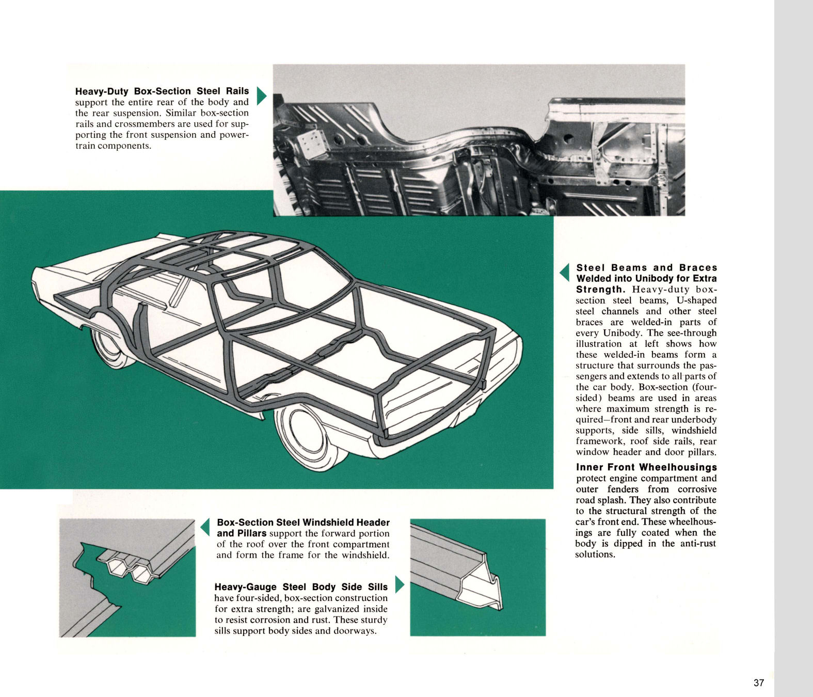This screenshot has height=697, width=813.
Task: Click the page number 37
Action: click(x=758, y=683)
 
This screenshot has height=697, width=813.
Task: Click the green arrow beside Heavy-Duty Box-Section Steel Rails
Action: click(x=261, y=96)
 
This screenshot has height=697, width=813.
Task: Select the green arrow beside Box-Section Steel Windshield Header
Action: click(x=205, y=527)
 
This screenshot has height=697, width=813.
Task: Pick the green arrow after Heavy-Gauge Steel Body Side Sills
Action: click(x=398, y=585)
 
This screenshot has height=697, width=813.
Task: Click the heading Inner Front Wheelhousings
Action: click(x=646, y=467)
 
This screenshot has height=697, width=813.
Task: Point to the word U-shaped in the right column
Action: click(x=697, y=300)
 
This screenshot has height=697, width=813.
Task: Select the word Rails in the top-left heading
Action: click(x=237, y=91)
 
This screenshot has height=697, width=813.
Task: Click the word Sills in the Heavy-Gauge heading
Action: click(x=377, y=587)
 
